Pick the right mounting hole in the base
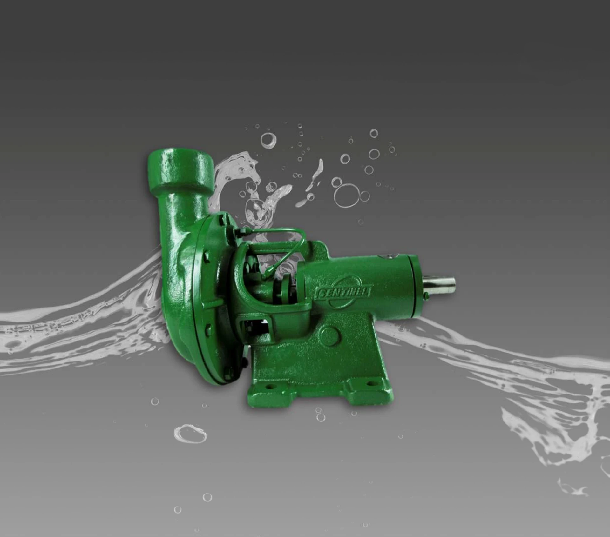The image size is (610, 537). click(369, 384)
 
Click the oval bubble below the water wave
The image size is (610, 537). click(190, 434)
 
